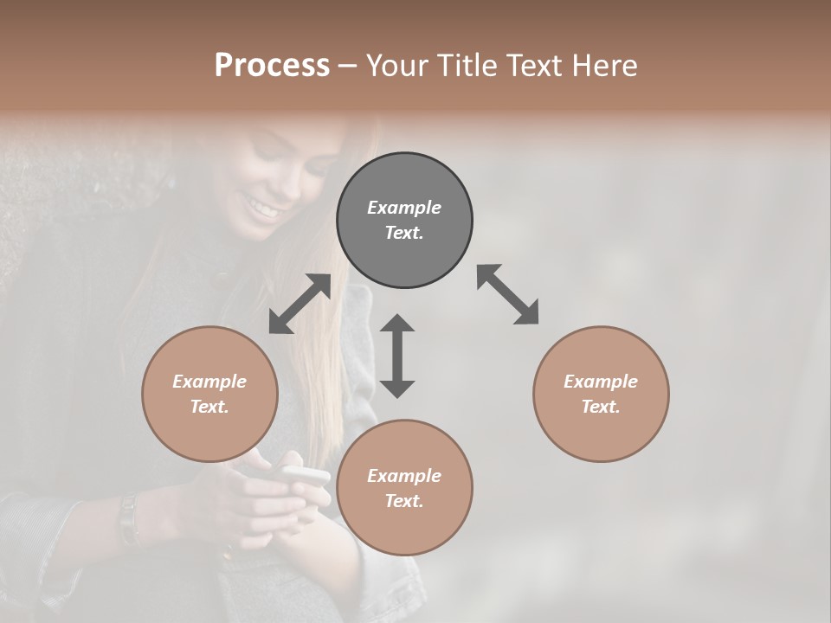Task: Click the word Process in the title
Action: [272, 66]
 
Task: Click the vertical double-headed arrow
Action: [397, 356]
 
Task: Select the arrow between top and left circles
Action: [300, 304]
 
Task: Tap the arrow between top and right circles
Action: [508, 295]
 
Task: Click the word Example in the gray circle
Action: [404, 208]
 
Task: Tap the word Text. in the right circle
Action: [601, 407]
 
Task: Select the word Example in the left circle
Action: [209, 382]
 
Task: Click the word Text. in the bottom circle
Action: [404, 501]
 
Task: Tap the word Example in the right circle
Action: [601, 382]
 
